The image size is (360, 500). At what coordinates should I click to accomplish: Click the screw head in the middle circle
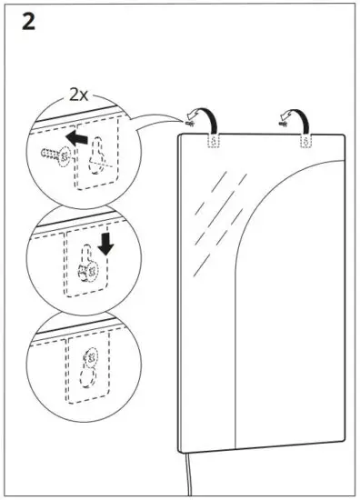[91, 271]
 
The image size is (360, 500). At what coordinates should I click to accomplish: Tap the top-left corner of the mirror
[181, 134]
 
